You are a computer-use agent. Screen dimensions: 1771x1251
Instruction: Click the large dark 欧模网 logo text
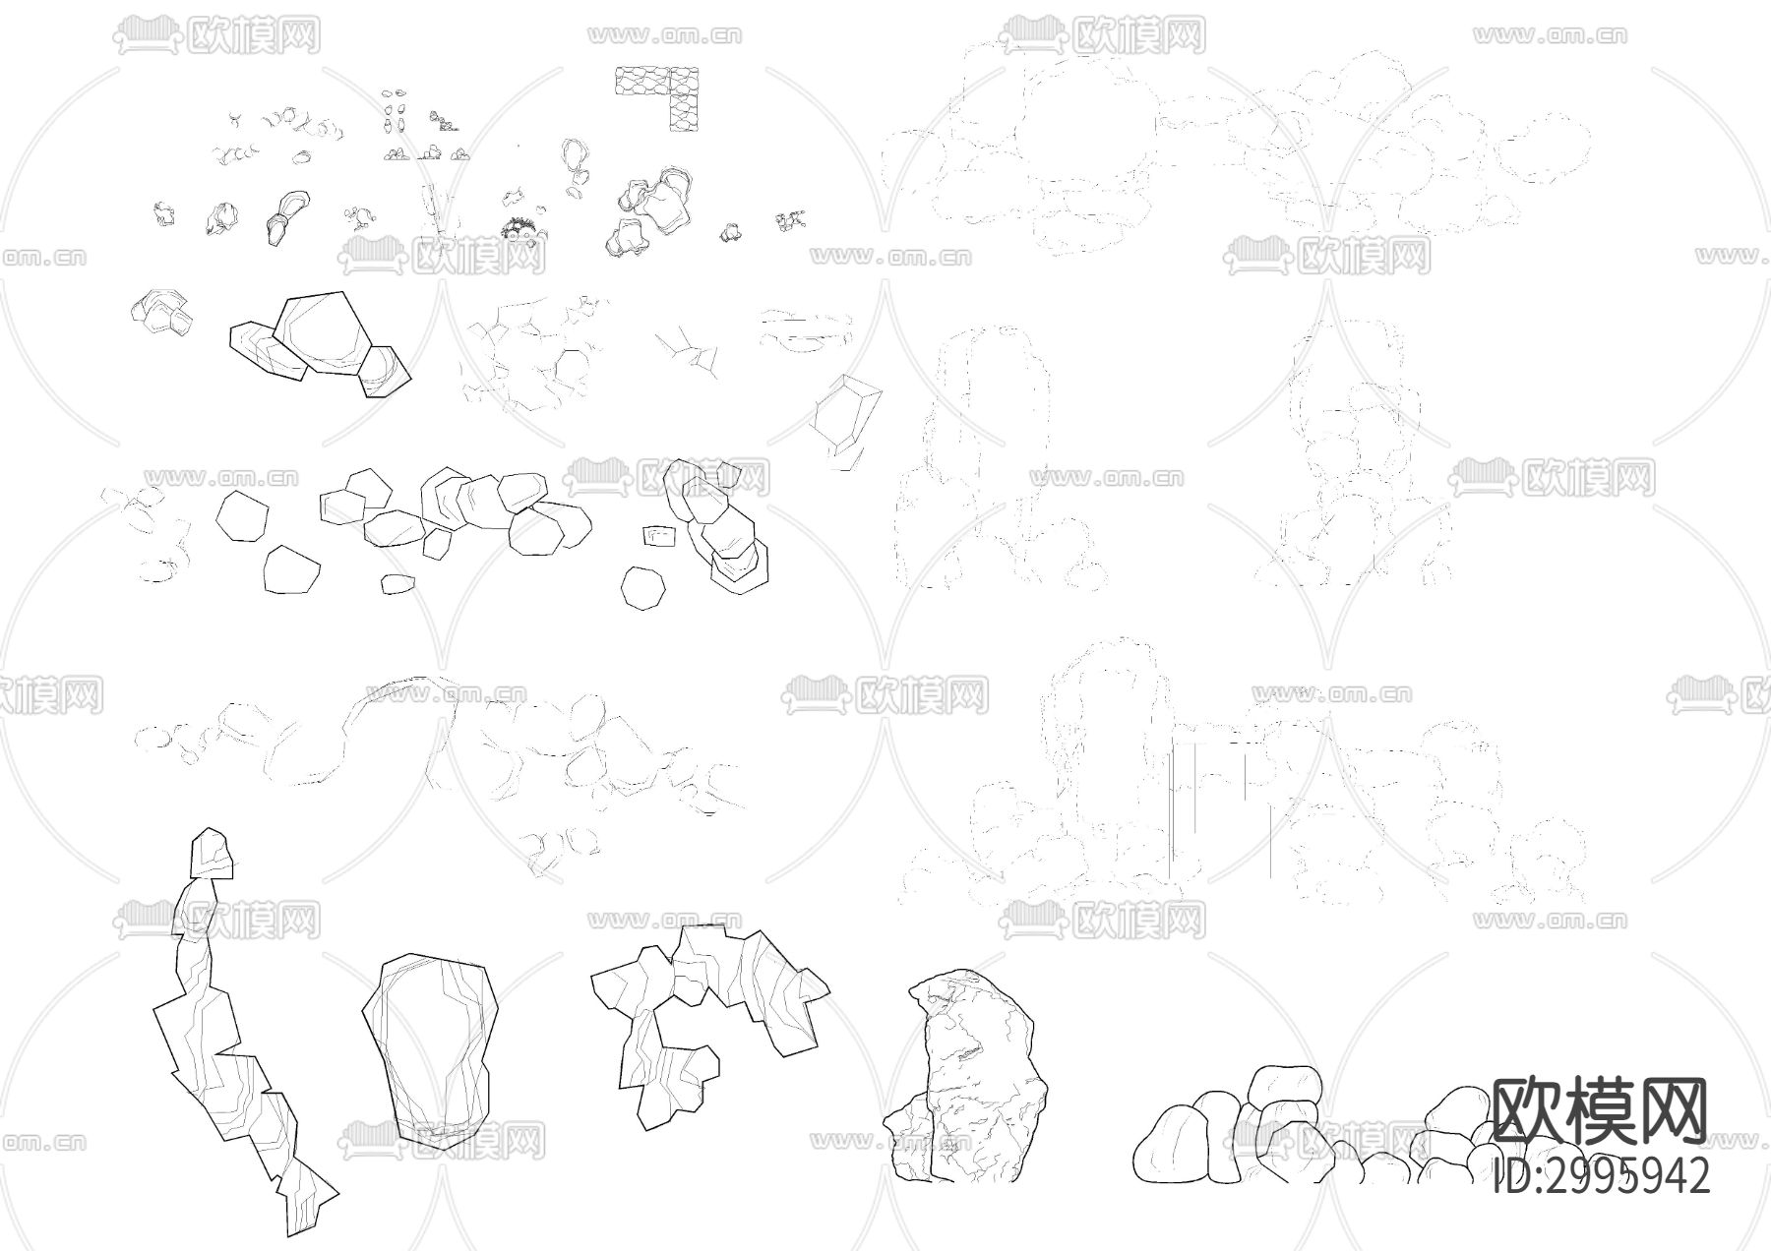(1601, 1110)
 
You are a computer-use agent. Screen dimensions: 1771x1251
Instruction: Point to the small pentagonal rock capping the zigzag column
(212, 853)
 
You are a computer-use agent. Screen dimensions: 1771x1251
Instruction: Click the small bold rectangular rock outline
(660, 536)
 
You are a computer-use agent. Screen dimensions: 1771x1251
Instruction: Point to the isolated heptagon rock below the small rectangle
(643, 588)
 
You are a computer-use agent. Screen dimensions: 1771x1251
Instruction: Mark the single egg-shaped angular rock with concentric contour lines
(428, 1050)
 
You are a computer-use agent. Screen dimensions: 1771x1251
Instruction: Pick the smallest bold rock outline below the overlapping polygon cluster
(397, 583)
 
